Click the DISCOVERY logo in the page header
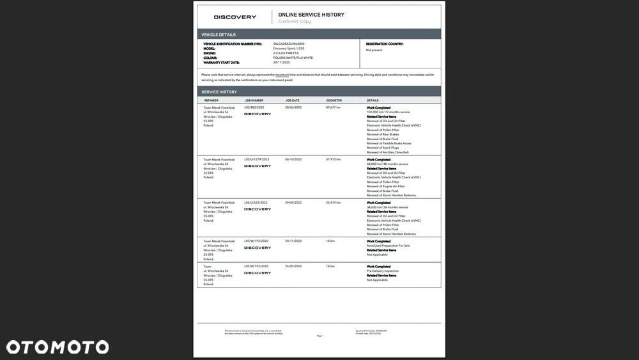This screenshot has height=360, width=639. pos(235,17)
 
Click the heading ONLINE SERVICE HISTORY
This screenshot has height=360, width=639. pos(311,15)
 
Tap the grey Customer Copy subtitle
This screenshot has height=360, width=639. pos(295,22)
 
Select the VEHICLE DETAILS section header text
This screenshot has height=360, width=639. pos(219,35)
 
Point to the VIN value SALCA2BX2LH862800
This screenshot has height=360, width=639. pos(288,44)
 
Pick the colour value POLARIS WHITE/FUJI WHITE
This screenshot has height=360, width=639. pos(293,58)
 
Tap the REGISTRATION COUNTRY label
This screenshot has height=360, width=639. pos(384,44)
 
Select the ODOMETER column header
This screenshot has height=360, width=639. pos(334,100)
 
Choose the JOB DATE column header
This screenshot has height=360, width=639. pos(293,100)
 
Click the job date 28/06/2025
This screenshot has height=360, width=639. pos(293,107)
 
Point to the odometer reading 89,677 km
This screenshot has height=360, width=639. pos(334,107)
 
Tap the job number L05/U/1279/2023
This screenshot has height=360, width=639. pos(257,159)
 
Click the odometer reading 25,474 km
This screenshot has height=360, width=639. pos(334,203)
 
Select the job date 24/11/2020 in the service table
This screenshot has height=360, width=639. pos(293,241)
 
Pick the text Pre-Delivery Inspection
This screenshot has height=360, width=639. pos(382,271)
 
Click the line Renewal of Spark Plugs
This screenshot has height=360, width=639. pos(382,148)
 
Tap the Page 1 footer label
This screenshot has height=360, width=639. pos(320,336)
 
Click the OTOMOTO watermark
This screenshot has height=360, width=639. pos(58,347)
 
